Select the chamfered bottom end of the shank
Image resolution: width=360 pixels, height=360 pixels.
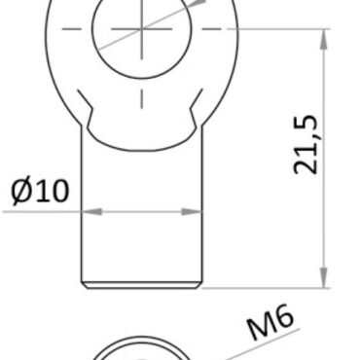[x=142, y=287]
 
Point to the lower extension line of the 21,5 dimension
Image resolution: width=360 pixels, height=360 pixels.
[x=272, y=289]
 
